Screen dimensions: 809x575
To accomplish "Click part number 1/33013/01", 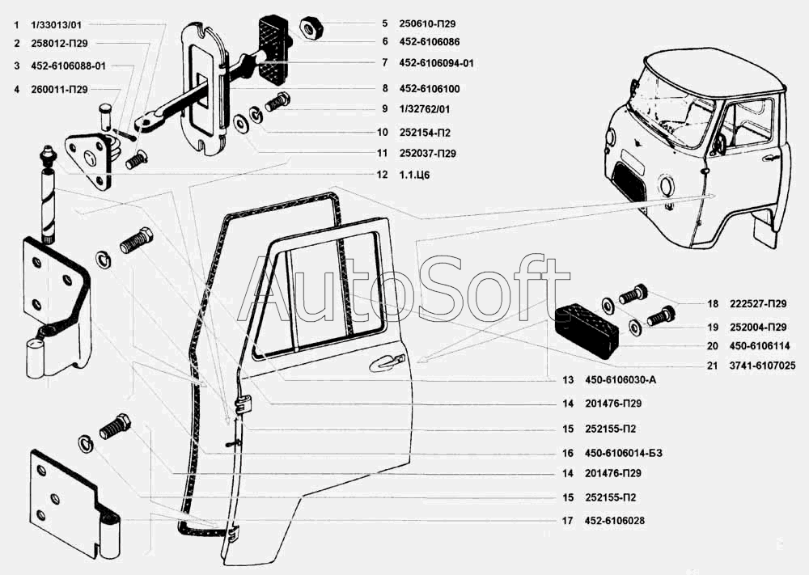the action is click(x=57, y=25).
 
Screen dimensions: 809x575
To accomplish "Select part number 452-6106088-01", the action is click(x=68, y=66).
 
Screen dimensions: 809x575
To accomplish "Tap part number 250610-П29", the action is click(x=427, y=23).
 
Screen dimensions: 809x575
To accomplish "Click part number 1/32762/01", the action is click(x=424, y=109).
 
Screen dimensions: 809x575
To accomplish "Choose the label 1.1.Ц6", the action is click(x=414, y=175).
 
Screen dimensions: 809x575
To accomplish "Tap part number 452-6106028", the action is click(x=615, y=521).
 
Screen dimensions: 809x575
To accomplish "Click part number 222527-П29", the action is click(x=758, y=304).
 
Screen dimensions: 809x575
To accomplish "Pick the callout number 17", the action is click(x=568, y=521).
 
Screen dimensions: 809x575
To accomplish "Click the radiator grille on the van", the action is click(x=629, y=181).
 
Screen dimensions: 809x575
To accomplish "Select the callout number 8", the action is click(x=385, y=89).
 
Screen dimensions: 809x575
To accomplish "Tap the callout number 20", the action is click(x=713, y=346).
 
